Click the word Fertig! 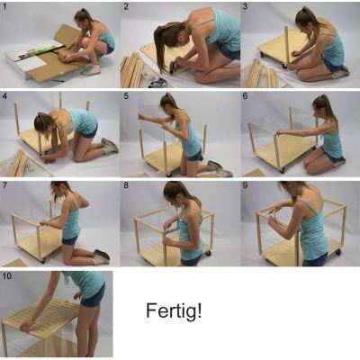pos(174,310)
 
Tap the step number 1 pos(4,6)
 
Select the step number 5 pos(126,96)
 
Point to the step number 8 pos(126,185)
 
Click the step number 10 pos(6,275)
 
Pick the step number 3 pos(246,6)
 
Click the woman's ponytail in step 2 pos(164,45)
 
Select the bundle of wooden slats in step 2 pos(132,69)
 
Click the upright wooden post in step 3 pos(287,45)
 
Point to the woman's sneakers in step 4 pos(110,146)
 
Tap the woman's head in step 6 pos(322,107)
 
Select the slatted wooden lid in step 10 pos(42,317)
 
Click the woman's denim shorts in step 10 pos(93,295)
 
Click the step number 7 pos(4,185)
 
